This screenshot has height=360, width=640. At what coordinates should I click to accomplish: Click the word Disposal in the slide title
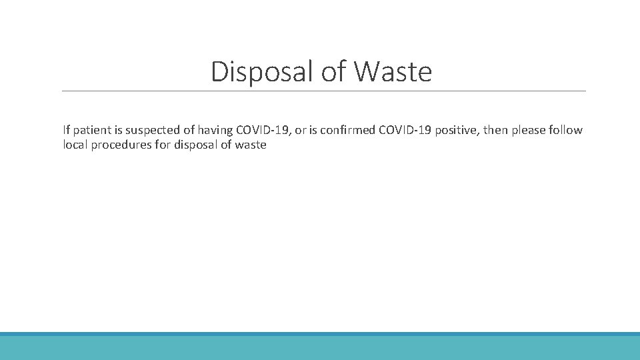pyautogui.click(x=263, y=71)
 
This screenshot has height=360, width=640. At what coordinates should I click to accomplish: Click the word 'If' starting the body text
pyautogui.click(x=66, y=130)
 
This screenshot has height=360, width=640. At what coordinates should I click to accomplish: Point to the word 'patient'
pyautogui.click(x=91, y=130)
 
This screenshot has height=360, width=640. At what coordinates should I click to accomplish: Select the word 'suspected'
pyautogui.click(x=152, y=130)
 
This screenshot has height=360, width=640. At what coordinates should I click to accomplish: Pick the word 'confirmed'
pyautogui.click(x=348, y=130)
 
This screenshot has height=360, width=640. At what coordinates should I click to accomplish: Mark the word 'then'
pyautogui.click(x=495, y=130)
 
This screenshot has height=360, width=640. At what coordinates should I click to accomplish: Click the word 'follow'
pyautogui.click(x=567, y=130)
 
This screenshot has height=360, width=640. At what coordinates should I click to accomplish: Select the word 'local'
pyautogui.click(x=75, y=145)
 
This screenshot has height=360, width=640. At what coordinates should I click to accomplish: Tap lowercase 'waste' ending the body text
pyautogui.click(x=251, y=145)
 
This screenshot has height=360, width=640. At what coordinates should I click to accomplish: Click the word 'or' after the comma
pyautogui.click(x=300, y=130)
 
